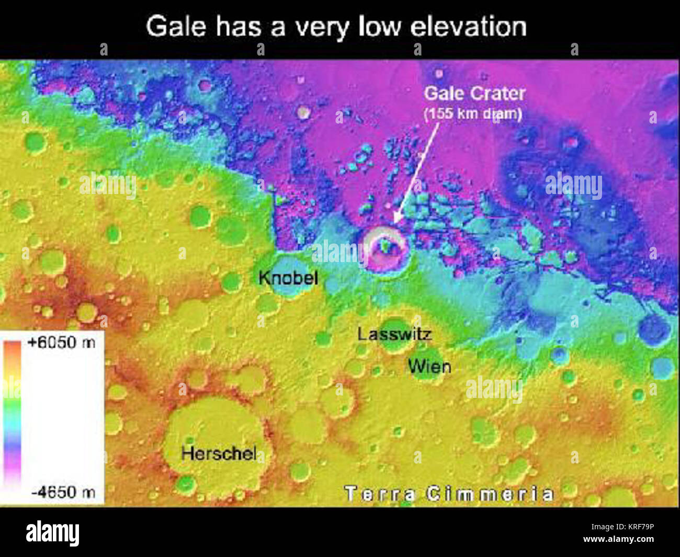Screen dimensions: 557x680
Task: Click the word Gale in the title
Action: coord(176,26)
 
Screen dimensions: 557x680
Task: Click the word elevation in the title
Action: coord(468,26)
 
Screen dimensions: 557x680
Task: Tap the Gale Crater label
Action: coord(474,94)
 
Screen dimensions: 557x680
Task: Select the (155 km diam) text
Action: coord(473,113)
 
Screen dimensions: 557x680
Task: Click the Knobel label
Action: coord(288,277)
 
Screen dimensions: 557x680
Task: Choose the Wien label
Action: coord(429,366)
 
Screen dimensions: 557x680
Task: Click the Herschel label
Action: coord(219,453)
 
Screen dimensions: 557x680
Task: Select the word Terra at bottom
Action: coord(380,493)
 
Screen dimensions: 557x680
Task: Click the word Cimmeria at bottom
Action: coord(490,493)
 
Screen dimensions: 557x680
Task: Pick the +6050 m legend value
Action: coord(62,343)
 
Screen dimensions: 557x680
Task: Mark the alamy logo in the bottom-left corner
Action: coord(52,533)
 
